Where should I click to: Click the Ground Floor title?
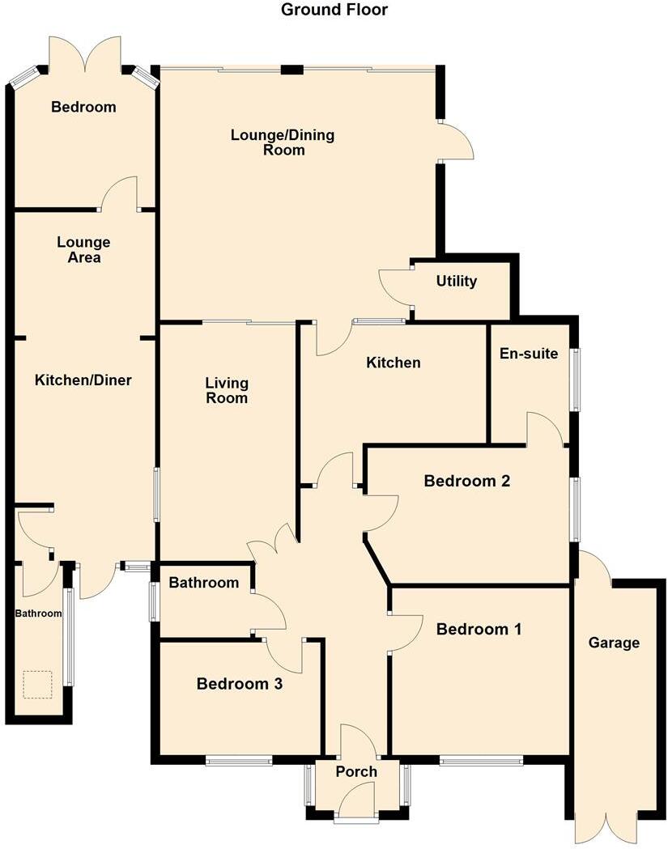(334, 10)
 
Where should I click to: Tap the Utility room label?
(457, 282)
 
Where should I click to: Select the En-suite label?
(529, 353)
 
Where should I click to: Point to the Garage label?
(614, 643)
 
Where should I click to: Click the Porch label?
(356, 771)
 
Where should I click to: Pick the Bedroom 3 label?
(240, 684)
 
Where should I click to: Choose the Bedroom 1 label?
(479, 629)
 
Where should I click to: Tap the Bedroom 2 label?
(467, 481)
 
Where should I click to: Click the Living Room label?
(227, 390)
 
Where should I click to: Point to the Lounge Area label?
(84, 249)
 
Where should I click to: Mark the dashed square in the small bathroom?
(37, 685)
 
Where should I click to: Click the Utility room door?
(395, 285)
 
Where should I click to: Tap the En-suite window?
(576, 380)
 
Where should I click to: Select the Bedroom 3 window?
(239, 760)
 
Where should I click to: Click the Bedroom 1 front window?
(482, 760)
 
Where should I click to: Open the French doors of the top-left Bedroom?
(85, 55)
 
